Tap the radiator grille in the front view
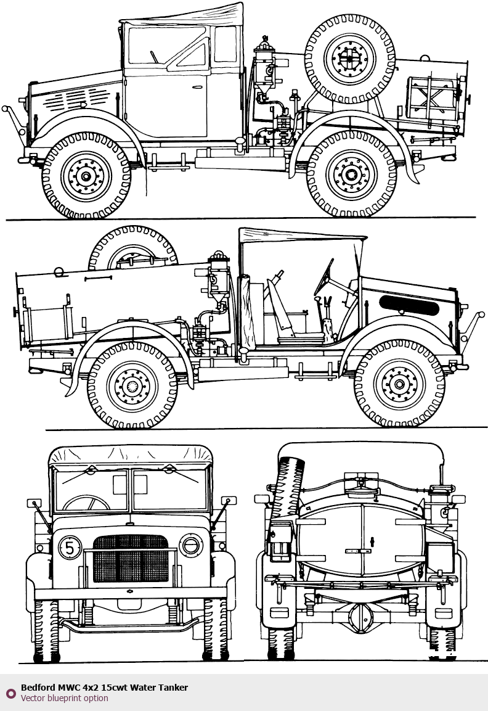[130, 559]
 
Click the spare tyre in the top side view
[349, 59]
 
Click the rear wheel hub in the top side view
[351, 174]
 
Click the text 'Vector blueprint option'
[64, 699]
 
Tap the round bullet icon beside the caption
[10, 693]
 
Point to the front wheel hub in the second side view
[399, 384]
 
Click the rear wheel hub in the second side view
[132, 386]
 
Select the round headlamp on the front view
[191, 546]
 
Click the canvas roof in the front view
[130, 456]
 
